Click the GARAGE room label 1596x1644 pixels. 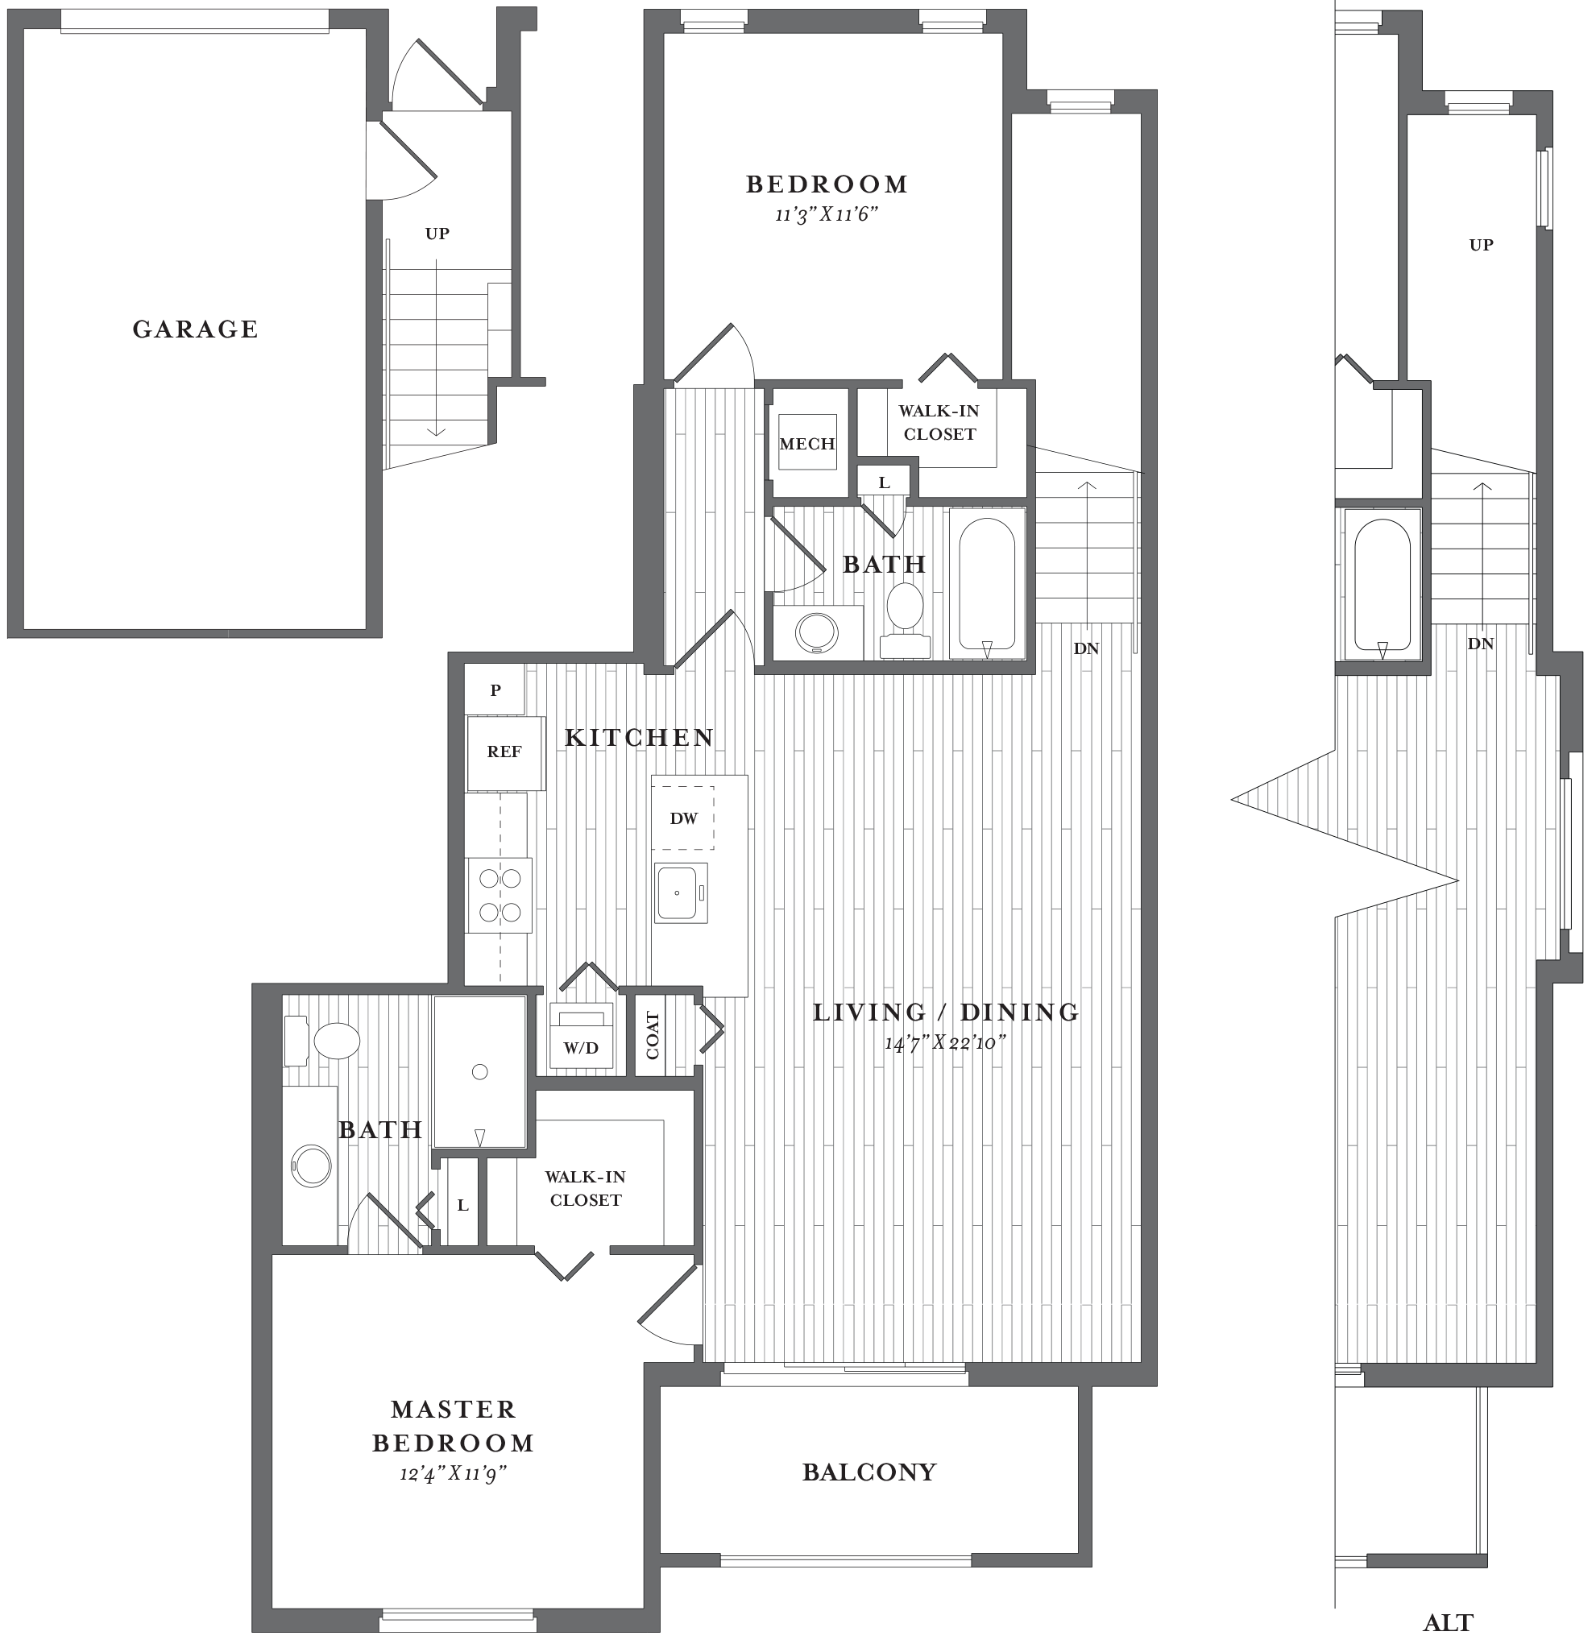(x=195, y=329)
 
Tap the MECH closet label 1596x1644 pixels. (x=807, y=444)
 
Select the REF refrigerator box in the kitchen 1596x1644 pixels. (x=504, y=752)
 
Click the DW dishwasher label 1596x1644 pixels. (x=684, y=818)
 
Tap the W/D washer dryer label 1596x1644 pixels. (x=581, y=1048)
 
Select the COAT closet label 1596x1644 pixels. (x=652, y=1036)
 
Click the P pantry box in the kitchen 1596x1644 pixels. (x=495, y=690)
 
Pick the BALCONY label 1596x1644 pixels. (x=869, y=1472)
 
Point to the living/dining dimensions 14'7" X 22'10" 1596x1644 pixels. (x=945, y=1043)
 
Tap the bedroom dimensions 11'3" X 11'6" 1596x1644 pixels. (x=827, y=215)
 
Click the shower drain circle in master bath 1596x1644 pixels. (x=480, y=1071)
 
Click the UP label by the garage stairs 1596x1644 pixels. (x=437, y=234)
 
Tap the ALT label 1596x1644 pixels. (x=1449, y=1623)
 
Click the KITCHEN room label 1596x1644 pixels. (x=640, y=737)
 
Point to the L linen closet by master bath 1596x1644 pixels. (x=462, y=1205)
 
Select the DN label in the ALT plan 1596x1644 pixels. (x=1481, y=644)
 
